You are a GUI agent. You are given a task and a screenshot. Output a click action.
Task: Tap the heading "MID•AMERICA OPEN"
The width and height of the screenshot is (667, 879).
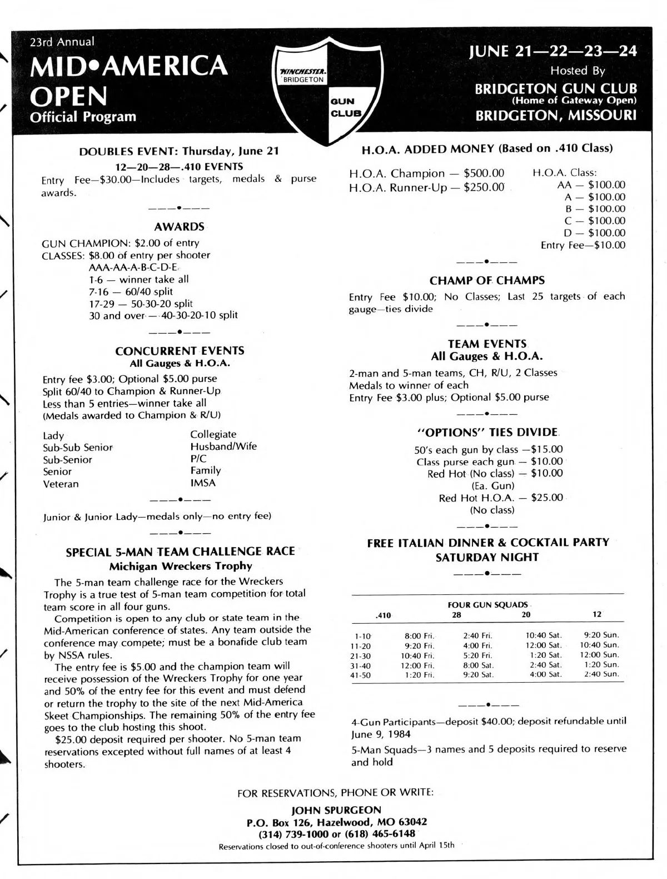[129, 81]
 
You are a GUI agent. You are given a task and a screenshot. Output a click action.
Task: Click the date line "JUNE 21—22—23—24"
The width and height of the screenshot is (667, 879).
[552, 51]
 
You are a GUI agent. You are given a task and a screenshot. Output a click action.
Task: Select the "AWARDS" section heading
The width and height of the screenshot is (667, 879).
[179, 227]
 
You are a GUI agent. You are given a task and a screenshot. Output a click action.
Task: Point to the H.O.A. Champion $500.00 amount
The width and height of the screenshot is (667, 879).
[484, 173]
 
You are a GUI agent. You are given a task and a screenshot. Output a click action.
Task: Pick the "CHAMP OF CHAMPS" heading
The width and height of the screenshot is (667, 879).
[487, 281]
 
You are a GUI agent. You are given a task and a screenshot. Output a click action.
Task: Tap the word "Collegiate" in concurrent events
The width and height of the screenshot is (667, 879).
[213, 434]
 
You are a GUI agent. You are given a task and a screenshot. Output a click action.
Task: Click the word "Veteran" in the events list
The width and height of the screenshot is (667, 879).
[61, 484]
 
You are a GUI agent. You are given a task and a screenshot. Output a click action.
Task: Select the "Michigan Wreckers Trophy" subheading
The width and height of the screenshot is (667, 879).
[181, 567]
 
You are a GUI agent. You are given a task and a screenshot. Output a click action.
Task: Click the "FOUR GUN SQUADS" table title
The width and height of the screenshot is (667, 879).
[487, 604]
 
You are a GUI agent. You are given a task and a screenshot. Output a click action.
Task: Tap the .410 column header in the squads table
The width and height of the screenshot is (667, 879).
[384, 615]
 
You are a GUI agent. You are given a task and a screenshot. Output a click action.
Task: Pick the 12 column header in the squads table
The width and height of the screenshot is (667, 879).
[597, 614]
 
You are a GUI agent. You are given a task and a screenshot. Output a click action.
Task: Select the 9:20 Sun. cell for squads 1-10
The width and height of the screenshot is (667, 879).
[601, 634]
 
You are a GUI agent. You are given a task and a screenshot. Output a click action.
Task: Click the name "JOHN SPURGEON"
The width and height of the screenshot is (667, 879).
[336, 810]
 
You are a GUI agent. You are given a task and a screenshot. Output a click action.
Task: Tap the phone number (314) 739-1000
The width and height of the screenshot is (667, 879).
[295, 833]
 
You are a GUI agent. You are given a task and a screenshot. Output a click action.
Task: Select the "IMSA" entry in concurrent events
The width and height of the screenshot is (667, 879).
[203, 483]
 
